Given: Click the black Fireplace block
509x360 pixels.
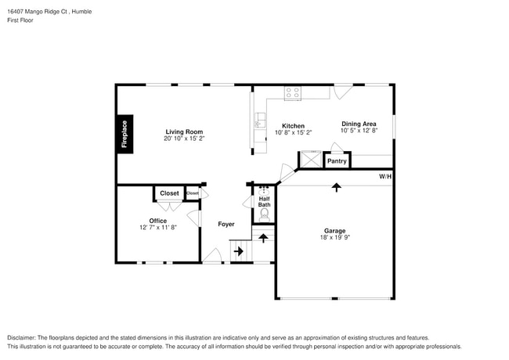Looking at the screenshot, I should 124,133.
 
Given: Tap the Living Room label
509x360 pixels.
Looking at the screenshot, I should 184,131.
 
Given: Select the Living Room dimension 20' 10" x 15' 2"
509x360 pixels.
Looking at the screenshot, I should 184,139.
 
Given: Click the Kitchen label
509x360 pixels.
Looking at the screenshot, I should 293,126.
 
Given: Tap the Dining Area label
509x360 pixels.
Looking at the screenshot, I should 359,124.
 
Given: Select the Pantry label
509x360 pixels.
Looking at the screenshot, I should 337,161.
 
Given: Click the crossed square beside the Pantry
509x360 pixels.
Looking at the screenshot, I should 310,160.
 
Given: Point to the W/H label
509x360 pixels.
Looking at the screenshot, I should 385,177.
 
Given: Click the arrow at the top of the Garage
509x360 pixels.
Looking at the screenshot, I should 337,187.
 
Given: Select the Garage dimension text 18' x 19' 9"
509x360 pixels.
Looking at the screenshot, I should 335,238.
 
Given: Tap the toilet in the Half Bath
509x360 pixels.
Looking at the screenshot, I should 264,212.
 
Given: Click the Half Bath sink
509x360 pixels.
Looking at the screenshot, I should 264,190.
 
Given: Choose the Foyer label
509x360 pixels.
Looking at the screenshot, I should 226,224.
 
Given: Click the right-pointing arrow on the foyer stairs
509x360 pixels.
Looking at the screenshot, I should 238,251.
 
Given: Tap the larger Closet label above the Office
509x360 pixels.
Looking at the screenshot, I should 169,193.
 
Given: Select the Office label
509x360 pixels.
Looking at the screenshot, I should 158,221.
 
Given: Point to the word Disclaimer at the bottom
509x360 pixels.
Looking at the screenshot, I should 23,337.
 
